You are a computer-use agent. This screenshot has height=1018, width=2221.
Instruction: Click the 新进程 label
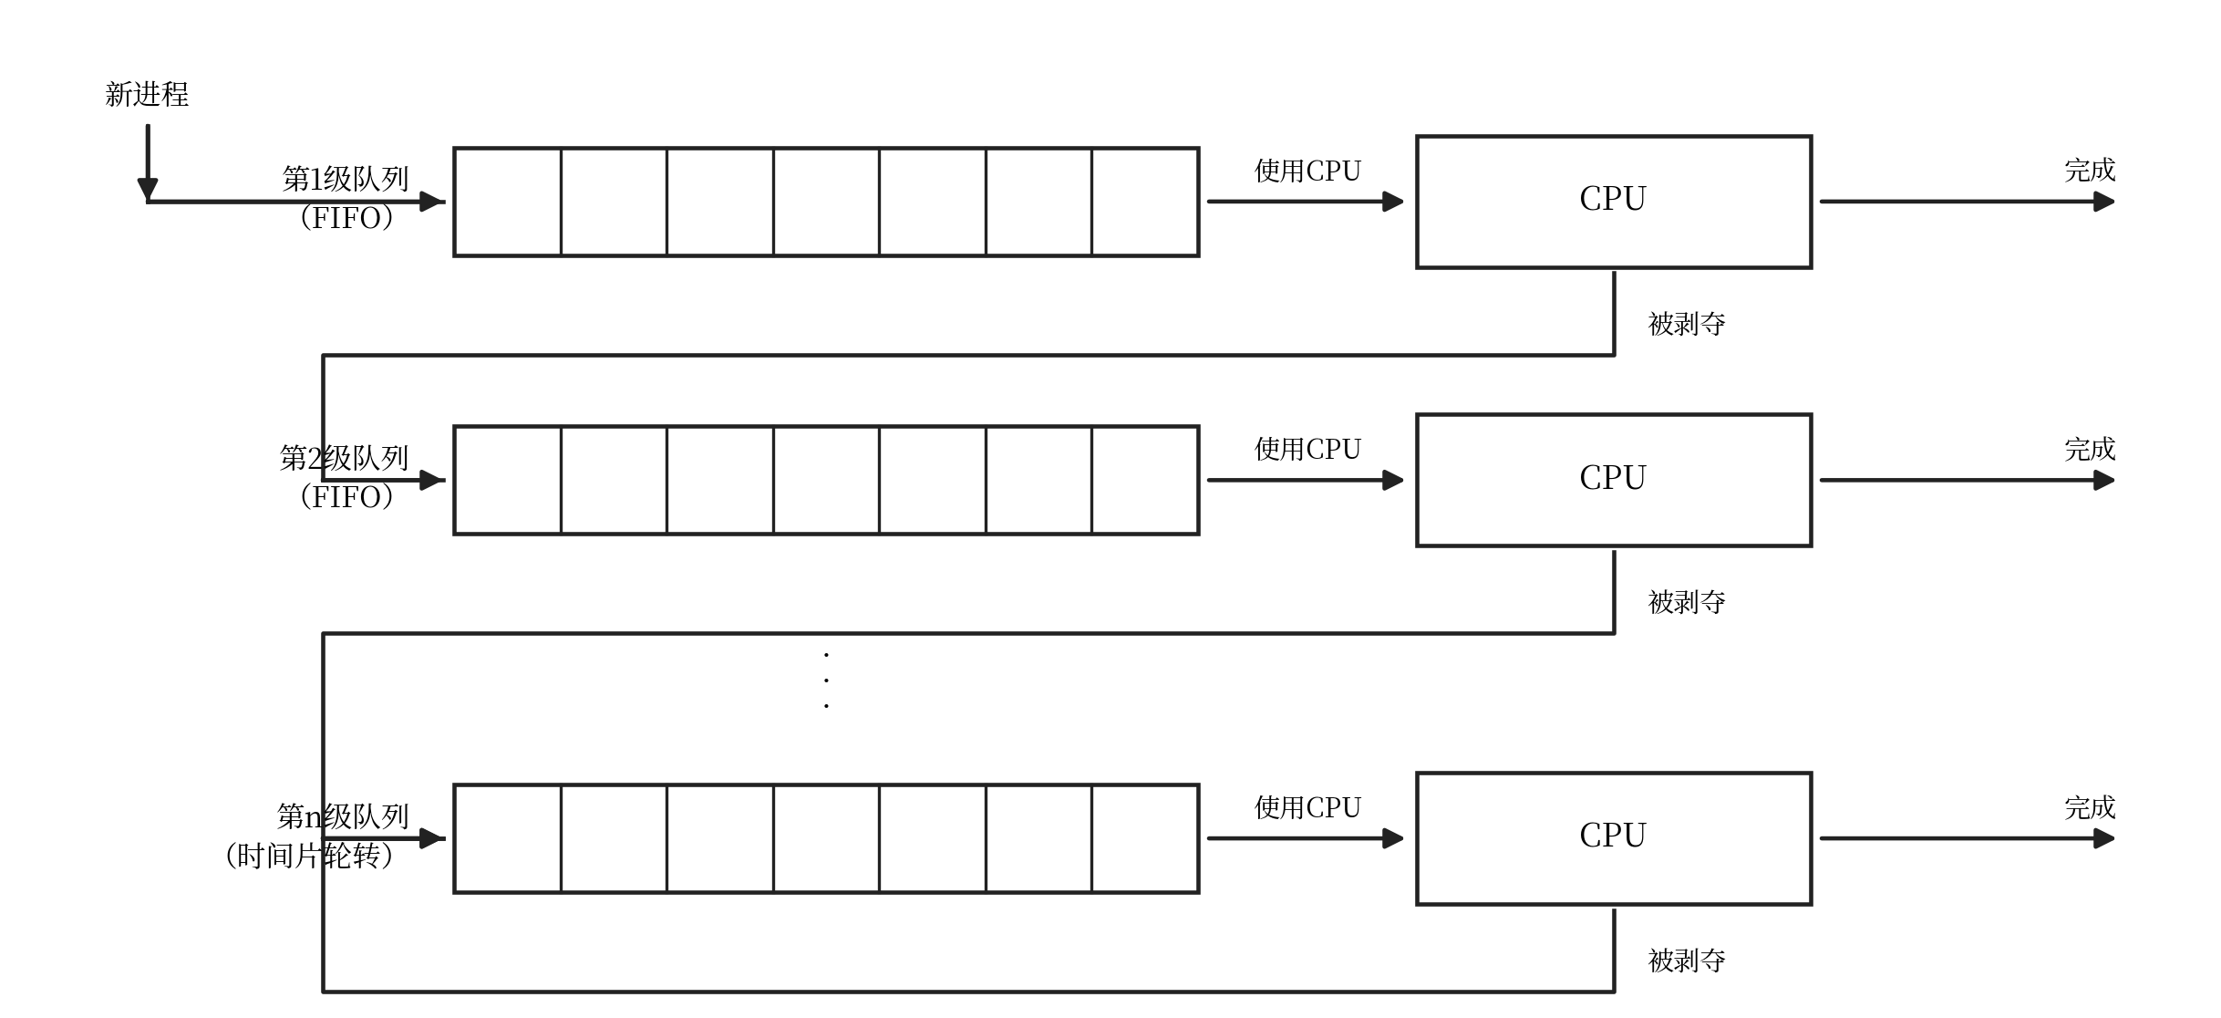(x=147, y=94)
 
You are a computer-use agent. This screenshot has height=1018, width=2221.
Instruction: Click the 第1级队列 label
(x=346, y=179)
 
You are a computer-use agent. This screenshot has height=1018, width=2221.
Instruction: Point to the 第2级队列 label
(x=344, y=458)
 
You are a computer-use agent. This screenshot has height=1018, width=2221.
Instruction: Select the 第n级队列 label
(x=343, y=816)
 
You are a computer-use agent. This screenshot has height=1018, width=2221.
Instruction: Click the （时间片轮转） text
(x=308, y=856)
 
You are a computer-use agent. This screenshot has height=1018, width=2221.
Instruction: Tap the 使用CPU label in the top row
(x=1307, y=171)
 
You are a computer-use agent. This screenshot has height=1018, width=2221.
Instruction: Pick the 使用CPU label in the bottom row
(x=1307, y=807)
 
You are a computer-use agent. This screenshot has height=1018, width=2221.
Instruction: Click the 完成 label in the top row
(x=2090, y=171)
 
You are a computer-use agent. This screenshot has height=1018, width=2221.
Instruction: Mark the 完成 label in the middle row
(x=2090, y=450)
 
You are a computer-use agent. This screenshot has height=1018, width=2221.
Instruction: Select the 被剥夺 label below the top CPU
(x=1687, y=324)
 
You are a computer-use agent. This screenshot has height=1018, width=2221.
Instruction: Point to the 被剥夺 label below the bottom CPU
(x=1687, y=961)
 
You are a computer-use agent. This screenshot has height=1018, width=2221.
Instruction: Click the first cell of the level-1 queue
(x=508, y=202)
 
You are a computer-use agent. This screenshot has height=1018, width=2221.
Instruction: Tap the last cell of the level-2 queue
(x=1145, y=480)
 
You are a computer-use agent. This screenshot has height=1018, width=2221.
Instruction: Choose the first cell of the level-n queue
(x=508, y=838)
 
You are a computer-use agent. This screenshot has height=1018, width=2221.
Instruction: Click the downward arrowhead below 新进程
(x=148, y=189)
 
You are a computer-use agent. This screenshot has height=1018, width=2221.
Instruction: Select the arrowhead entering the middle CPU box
(x=1393, y=480)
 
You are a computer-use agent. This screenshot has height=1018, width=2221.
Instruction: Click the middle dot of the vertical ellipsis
(x=826, y=680)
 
